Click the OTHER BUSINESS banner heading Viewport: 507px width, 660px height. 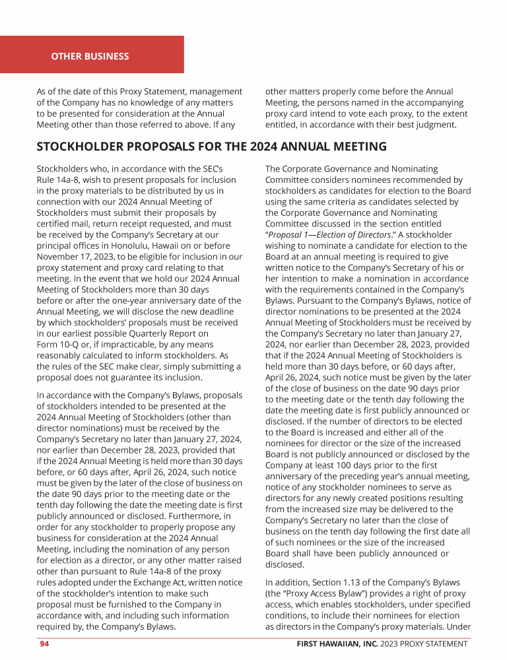click(90, 56)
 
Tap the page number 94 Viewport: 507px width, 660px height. click(44, 643)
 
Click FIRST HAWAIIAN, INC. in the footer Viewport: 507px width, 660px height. click(336, 643)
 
